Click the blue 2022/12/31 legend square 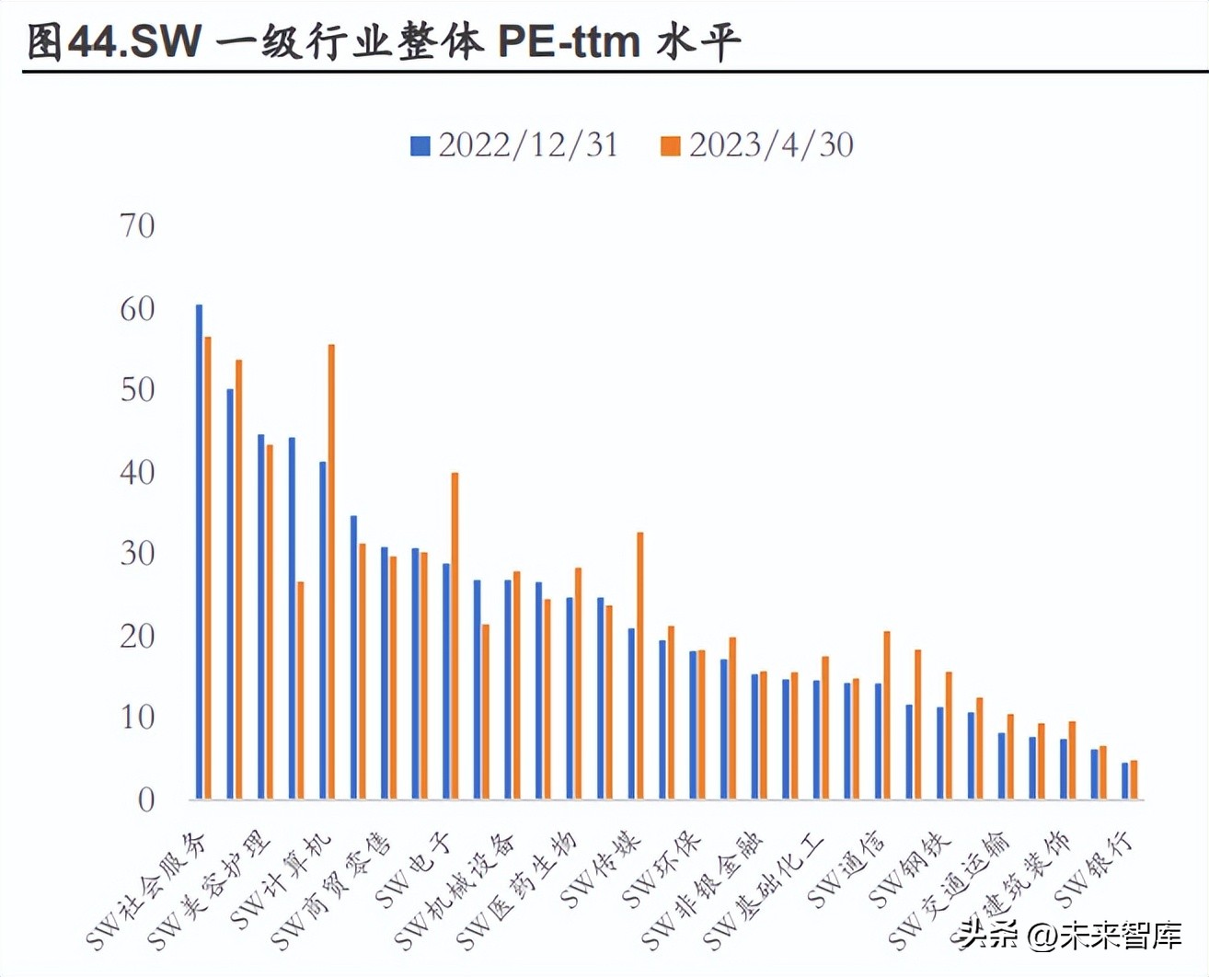click(x=420, y=146)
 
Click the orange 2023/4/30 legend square click(x=671, y=146)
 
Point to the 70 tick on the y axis click(x=137, y=226)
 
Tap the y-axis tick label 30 click(x=137, y=554)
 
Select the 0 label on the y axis click(x=145, y=800)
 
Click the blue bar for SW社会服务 click(x=199, y=552)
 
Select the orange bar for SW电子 click(x=455, y=636)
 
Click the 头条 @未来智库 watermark click(x=1071, y=936)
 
